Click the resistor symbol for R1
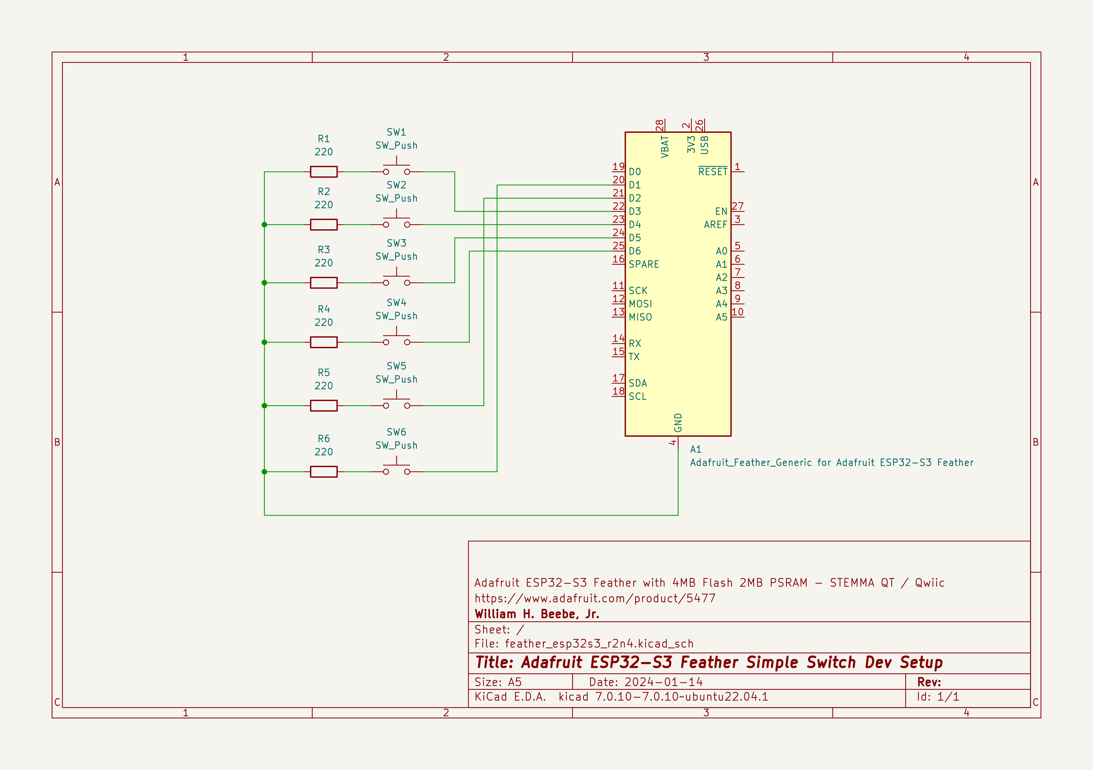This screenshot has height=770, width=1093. pyautogui.click(x=324, y=172)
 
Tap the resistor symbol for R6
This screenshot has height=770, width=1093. pyautogui.click(x=324, y=472)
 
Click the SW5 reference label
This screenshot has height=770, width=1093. pyautogui.click(x=397, y=366)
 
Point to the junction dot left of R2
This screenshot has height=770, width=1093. pyautogui.click(x=264, y=225)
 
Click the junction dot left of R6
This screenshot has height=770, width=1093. pyautogui.click(x=264, y=472)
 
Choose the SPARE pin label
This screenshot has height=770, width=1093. pyautogui.click(x=644, y=264)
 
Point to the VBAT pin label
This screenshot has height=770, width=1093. pyautogui.click(x=665, y=146)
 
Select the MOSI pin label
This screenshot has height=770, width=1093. pyautogui.click(x=640, y=304)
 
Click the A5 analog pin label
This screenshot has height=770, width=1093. pyautogui.click(x=722, y=317)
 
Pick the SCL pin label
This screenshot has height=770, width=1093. pyautogui.click(x=637, y=396)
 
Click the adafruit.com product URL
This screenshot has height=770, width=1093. pyautogui.click(x=595, y=598)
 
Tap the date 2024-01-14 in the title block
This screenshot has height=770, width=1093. pyautogui.click(x=664, y=682)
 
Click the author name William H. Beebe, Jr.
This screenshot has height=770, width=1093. pyautogui.click(x=537, y=614)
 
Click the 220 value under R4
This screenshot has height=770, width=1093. pyautogui.click(x=324, y=322)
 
